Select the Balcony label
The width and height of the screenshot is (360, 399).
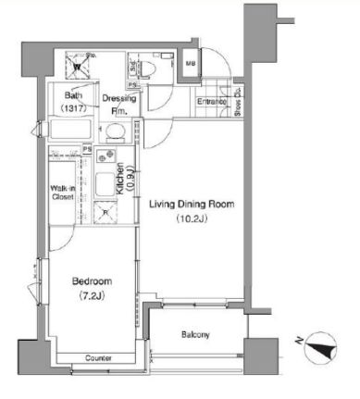click(194, 334)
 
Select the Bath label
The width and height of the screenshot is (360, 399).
click(73, 95)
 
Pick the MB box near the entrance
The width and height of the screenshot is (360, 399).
click(190, 63)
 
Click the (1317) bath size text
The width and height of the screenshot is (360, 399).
click(73, 108)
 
